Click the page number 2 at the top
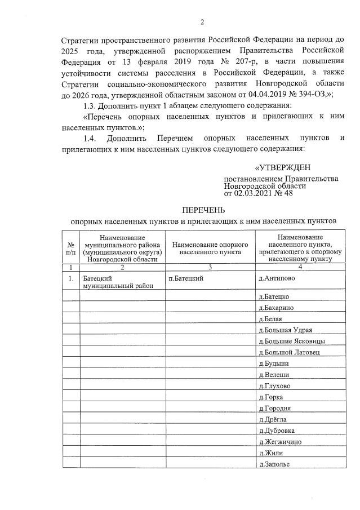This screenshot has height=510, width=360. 201,23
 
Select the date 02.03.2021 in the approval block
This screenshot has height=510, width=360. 254,193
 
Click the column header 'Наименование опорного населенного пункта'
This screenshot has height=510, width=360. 210,249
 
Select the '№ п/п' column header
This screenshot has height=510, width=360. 71,249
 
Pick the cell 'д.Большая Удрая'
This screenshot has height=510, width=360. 285,330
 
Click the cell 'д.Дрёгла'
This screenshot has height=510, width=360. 273,419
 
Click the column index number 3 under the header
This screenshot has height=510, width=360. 210,267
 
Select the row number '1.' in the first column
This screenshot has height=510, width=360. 71,278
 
